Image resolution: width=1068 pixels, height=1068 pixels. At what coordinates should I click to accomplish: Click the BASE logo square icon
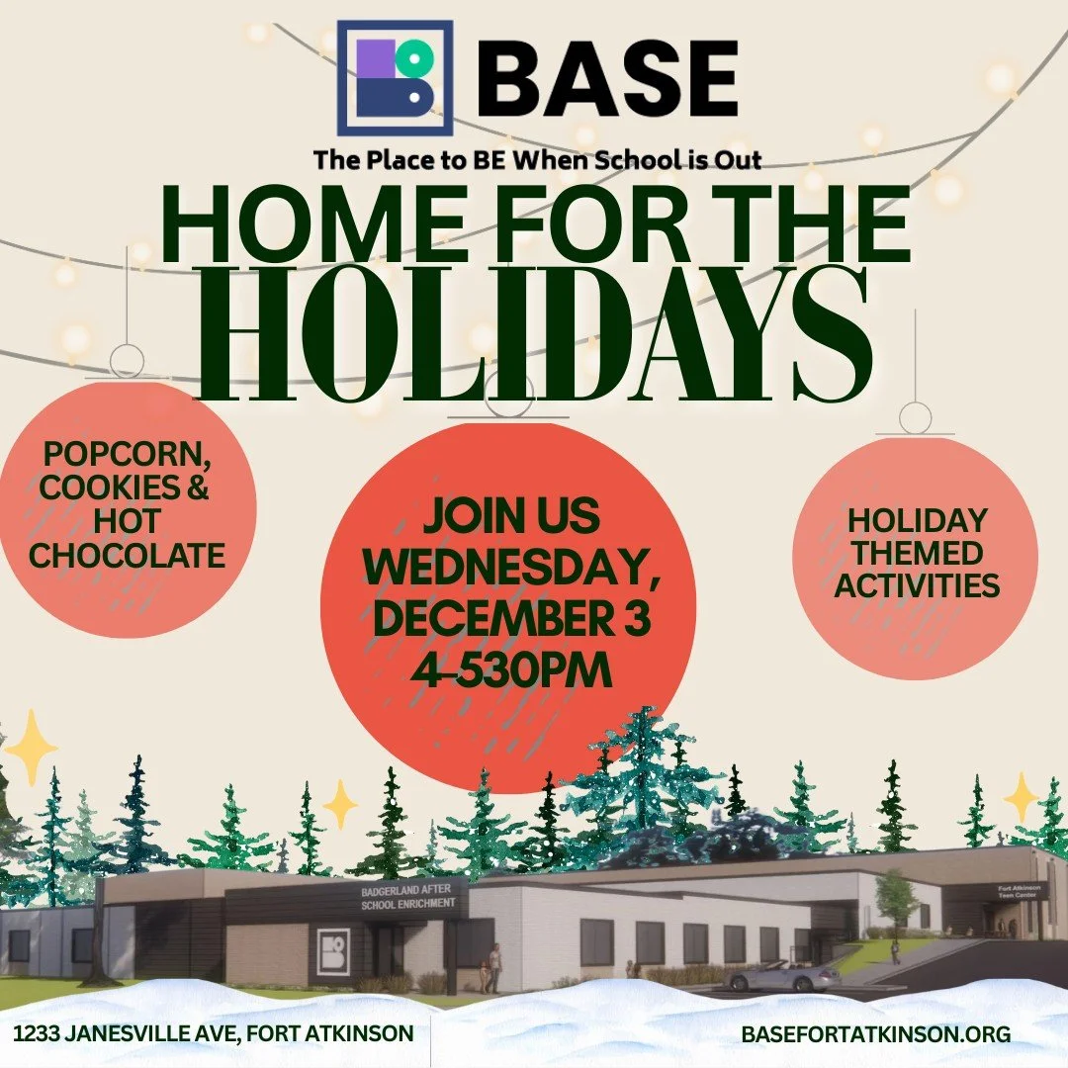[395, 78]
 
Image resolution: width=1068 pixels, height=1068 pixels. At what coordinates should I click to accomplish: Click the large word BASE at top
[614, 80]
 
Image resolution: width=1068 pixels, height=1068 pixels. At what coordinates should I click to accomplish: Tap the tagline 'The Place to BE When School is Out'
[537, 158]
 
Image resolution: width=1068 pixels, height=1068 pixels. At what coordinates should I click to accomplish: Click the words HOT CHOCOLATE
[127, 539]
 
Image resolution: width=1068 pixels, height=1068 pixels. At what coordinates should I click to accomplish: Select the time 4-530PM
[511, 668]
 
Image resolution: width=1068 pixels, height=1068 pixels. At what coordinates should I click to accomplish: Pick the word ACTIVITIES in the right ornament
[916, 584]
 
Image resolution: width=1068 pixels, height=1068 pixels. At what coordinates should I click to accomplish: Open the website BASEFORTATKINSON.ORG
[875, 1034]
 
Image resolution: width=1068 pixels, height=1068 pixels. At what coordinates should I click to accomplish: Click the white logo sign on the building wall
[334, 951]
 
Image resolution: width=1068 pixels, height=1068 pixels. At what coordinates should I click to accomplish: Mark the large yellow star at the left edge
[30, 747]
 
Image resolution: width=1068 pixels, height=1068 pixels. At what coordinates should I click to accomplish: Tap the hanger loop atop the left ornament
[126, 360]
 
